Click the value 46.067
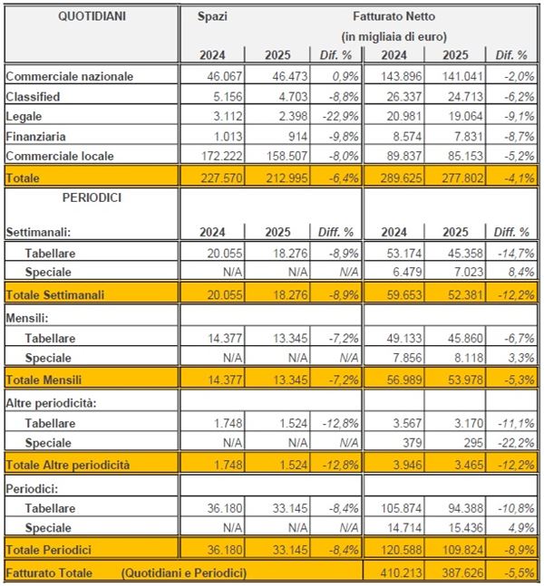(x=223, y=76)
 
